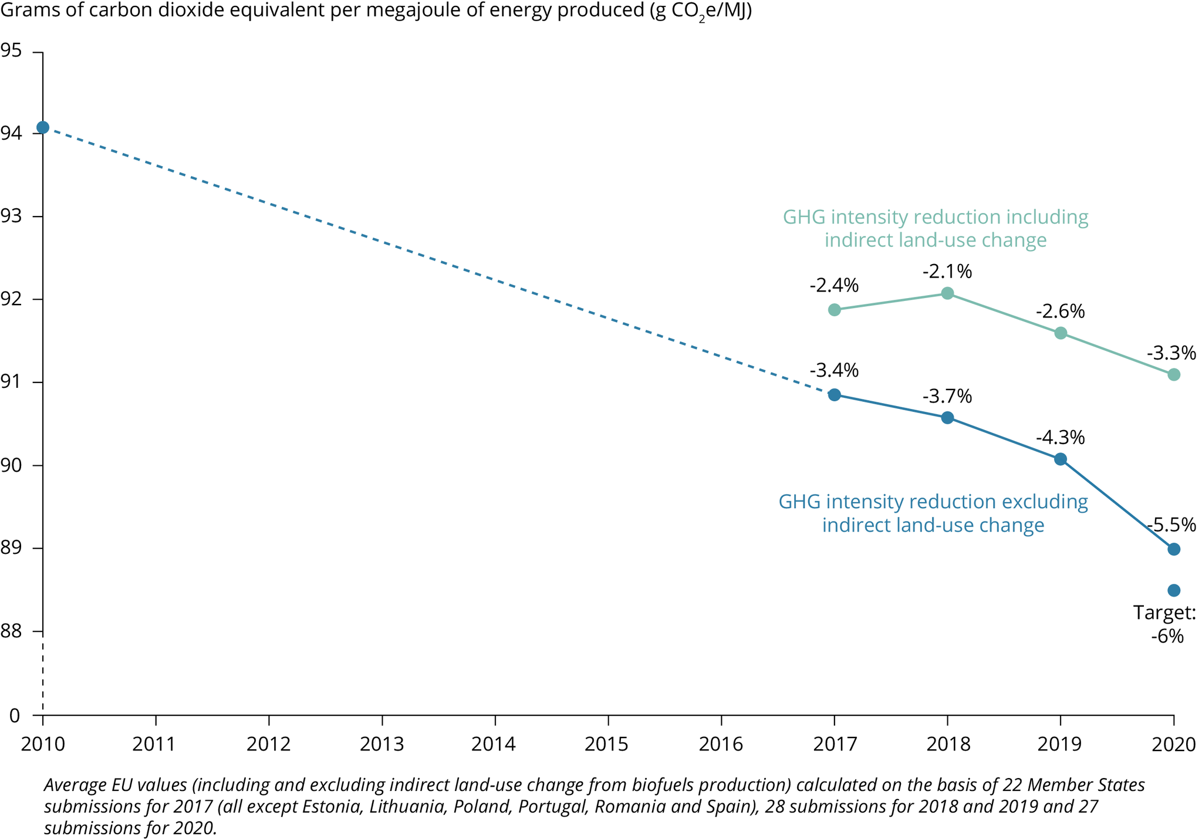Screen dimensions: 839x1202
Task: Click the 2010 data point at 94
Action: pos(43,127)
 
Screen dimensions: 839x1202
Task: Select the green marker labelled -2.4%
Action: pos(834,310)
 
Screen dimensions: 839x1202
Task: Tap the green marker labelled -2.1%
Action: pos(947,293)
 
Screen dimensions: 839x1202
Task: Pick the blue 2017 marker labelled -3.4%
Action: pos(834,395)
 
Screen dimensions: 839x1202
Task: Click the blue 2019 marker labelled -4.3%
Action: pos(1061,459)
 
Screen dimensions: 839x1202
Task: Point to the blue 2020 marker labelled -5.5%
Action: pos(1174,549)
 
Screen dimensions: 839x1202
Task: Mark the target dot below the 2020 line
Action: pos(1174,590)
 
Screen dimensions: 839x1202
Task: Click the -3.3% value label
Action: pos(1171,353)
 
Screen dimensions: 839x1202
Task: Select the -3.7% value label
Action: pos(947,397)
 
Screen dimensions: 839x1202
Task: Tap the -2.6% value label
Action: pos(1060,311)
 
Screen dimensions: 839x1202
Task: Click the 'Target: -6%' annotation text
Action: pos(1165,624)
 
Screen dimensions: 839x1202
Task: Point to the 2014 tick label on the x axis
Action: pos(495,745)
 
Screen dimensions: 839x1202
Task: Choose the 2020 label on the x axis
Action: pos(1173,745)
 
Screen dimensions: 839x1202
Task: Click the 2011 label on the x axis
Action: pos(155,745)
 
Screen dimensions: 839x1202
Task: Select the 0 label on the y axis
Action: pos(15,715)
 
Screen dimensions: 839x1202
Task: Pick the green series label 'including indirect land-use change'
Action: pos(936,228)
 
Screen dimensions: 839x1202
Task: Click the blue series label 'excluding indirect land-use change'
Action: pos(933,513)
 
